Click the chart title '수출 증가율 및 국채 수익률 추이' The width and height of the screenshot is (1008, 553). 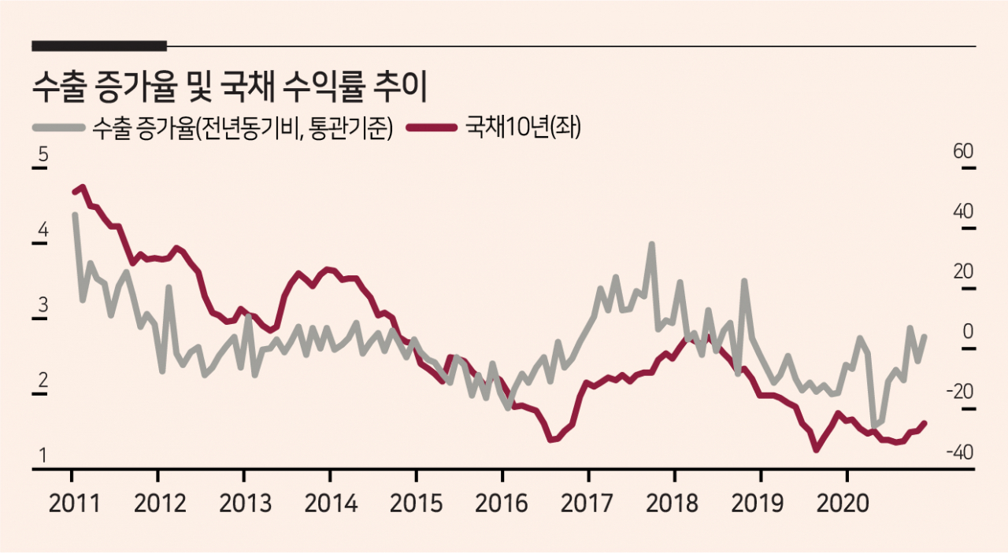click(229, 87)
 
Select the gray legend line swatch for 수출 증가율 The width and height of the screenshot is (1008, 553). click(59, 127)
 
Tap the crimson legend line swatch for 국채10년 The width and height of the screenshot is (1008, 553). click(432, 127)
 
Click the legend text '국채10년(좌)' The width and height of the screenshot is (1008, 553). click(523, 127)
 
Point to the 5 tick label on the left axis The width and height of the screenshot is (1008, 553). click(43, 154)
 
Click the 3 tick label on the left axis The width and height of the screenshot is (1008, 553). click(43, 305)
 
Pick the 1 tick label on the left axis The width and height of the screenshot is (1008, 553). click(43, 455)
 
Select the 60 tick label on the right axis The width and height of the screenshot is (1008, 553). click(963, 151)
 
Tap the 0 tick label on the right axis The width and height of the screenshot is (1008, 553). click(968, 332)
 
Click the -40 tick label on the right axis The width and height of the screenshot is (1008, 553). click(960, 452)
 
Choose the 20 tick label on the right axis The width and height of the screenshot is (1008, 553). click(963, 271)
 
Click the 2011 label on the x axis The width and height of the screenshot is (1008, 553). click(74, 503)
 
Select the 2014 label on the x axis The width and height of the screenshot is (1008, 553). click(331, 503)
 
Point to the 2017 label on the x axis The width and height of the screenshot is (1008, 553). click(587, 503)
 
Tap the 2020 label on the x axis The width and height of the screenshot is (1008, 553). click(843, 503)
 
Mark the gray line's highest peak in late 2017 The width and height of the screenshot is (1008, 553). click(651, 244)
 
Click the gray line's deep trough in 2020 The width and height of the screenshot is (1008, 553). click(874, 425)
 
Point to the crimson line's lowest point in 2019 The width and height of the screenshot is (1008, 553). click(817, 449)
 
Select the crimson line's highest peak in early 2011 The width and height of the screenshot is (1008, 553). click(83, 186)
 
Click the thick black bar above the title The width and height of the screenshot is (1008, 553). click(99, 46)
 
